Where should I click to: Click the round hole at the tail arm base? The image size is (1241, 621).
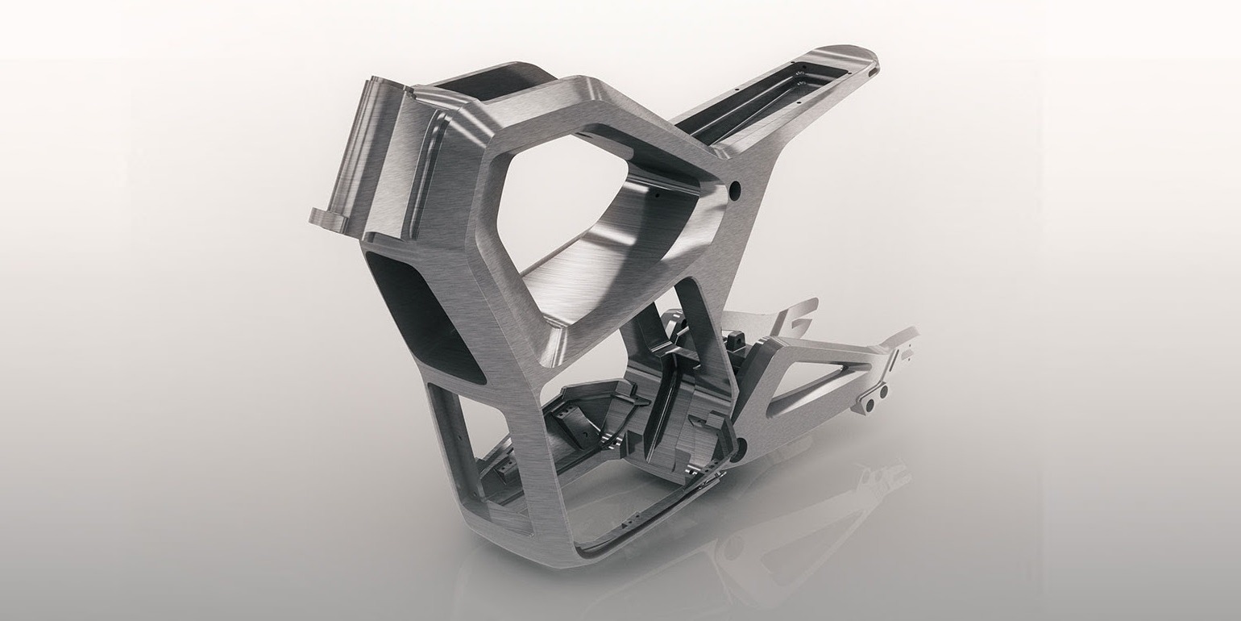coord(733,190)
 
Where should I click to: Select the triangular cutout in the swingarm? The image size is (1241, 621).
coord(814,387)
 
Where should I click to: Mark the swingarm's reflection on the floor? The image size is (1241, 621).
coord(806,524)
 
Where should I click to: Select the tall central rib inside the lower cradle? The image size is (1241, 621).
coord(665,387)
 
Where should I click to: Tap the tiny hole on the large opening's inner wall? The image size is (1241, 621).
coord(657,194)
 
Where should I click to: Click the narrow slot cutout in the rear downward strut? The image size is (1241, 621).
coord(693,323)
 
